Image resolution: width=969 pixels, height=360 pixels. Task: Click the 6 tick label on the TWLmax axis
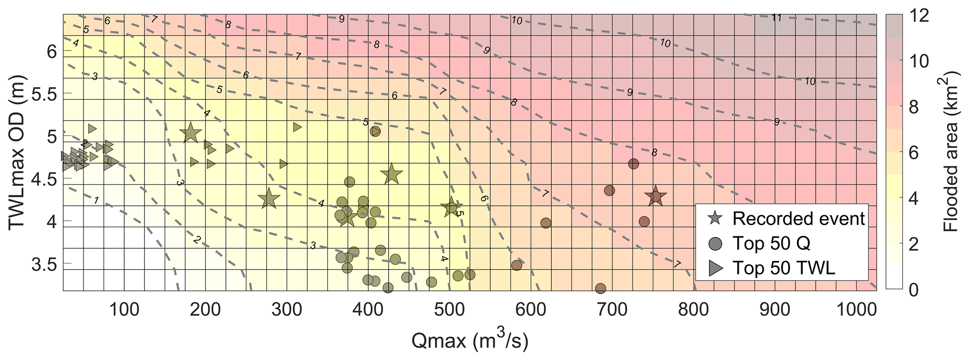pyautogui.click(x=52, y=52)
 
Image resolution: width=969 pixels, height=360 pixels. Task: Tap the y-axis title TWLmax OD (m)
pyautogui.click(x=18, y=152)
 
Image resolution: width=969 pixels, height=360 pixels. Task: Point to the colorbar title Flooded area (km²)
pyautogui.click(x=951, y=152)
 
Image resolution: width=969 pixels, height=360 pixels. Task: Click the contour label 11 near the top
pyautogui.click(x=777, y=18)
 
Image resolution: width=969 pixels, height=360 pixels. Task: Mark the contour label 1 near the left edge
pyautogui.click(x=96, y=201)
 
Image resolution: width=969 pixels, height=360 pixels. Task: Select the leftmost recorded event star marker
pyautogui.click(x=190, y=134)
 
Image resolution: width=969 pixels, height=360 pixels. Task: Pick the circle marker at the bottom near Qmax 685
pyautogui.click(x=601, y=288)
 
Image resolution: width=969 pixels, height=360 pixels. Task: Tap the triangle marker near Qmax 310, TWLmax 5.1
pyautogui.click(x=297, y=127)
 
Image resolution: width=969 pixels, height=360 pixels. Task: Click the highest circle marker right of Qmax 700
pyautogui.click(x=633, y=164)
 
